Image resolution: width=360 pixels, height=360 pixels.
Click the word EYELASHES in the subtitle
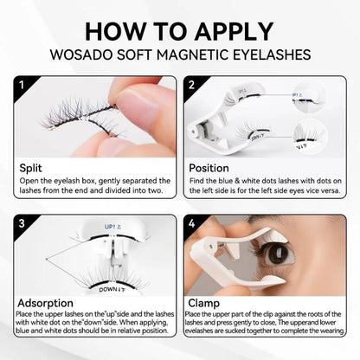(x=267, y=54)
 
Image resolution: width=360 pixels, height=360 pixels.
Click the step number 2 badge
(x=190, y=85)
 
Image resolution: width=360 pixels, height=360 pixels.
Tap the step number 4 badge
(x=190, y=224)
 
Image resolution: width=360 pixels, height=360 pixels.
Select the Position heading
(x=208, y=166)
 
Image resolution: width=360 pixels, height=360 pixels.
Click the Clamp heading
(x=204, y=305)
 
